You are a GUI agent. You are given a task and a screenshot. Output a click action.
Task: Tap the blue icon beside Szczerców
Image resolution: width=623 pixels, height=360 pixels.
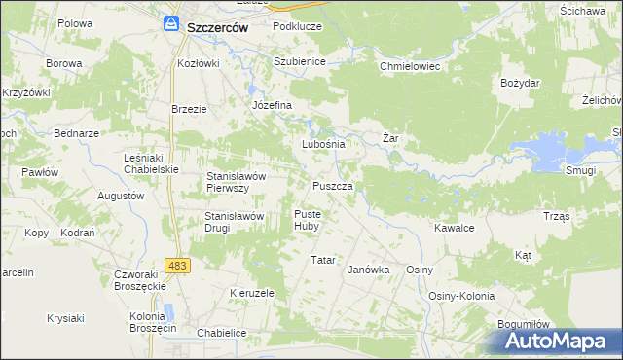click(x=171, y=24)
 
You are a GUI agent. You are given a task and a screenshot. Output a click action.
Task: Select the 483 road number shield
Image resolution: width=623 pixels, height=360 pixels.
click(x=177, y=265)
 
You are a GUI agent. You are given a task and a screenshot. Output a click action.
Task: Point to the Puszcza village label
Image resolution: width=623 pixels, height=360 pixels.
click(x=340, y=185)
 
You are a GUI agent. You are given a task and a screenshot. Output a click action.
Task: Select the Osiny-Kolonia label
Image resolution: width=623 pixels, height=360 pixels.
click(x=461, y=296)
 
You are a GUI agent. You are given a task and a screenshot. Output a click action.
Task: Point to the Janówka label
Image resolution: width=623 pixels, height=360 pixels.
click(x=369, y=270)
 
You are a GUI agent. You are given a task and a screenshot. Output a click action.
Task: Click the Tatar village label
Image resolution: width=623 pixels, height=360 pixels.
click(x=322, y=260)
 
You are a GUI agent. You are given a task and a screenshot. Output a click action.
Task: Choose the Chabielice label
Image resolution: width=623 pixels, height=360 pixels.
click(x=221, y=333)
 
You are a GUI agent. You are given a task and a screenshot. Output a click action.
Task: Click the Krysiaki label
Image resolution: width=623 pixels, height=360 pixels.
click(x=65, y=318)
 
